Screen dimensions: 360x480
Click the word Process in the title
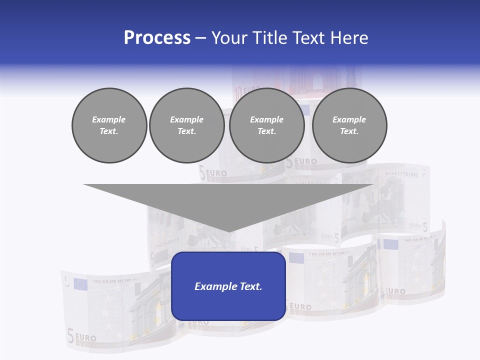(x=157, y=38)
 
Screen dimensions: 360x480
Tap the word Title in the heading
(x=270, y=38)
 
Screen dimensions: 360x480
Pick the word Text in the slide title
(x=309, y=38)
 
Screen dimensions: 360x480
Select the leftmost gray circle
(x=109, y=125)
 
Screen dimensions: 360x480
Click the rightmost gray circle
(x=349, y=125)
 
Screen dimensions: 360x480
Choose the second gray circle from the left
(x=186, y=125)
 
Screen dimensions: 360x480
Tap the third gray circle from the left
(x=267, y=125)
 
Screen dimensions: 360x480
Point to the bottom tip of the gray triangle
(x=228, y=230)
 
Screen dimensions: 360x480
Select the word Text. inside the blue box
(x=249, y=286)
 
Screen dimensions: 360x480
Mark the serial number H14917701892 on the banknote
(x=401, y=174)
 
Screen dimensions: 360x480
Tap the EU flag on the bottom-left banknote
(x=80, y=284)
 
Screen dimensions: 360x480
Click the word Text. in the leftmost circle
(x=109, y=131)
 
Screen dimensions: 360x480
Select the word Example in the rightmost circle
(x=349, y=119)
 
